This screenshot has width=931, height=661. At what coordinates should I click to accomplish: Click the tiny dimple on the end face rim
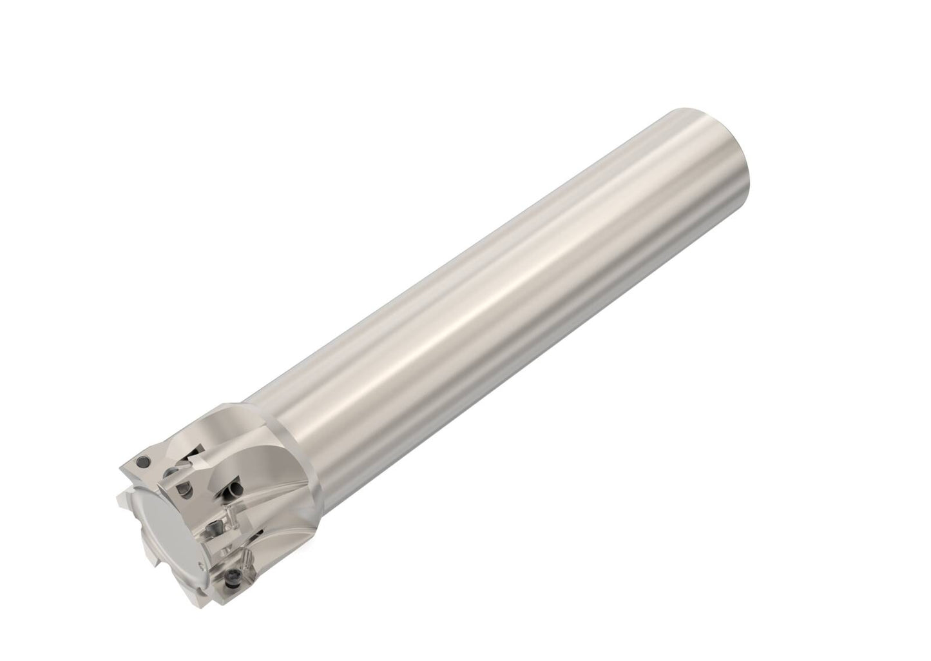click(x=205, y=547)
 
